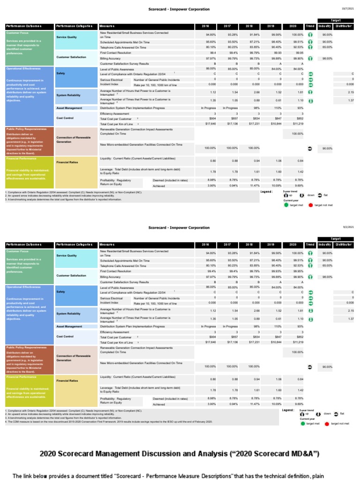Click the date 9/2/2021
[347, 227]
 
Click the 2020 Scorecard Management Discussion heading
[180, 453]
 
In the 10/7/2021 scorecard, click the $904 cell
[211, 119]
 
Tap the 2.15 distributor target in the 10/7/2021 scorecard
[351, 92]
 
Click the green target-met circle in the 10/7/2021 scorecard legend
[287, 204]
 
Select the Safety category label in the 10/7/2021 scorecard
[60, 74]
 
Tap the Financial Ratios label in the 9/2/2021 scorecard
[67, 381]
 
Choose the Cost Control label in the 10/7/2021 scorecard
[65, 118]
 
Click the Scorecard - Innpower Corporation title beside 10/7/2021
[179, 9]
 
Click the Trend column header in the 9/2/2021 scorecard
[310, 245]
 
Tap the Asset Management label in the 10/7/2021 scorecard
[69, 108]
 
